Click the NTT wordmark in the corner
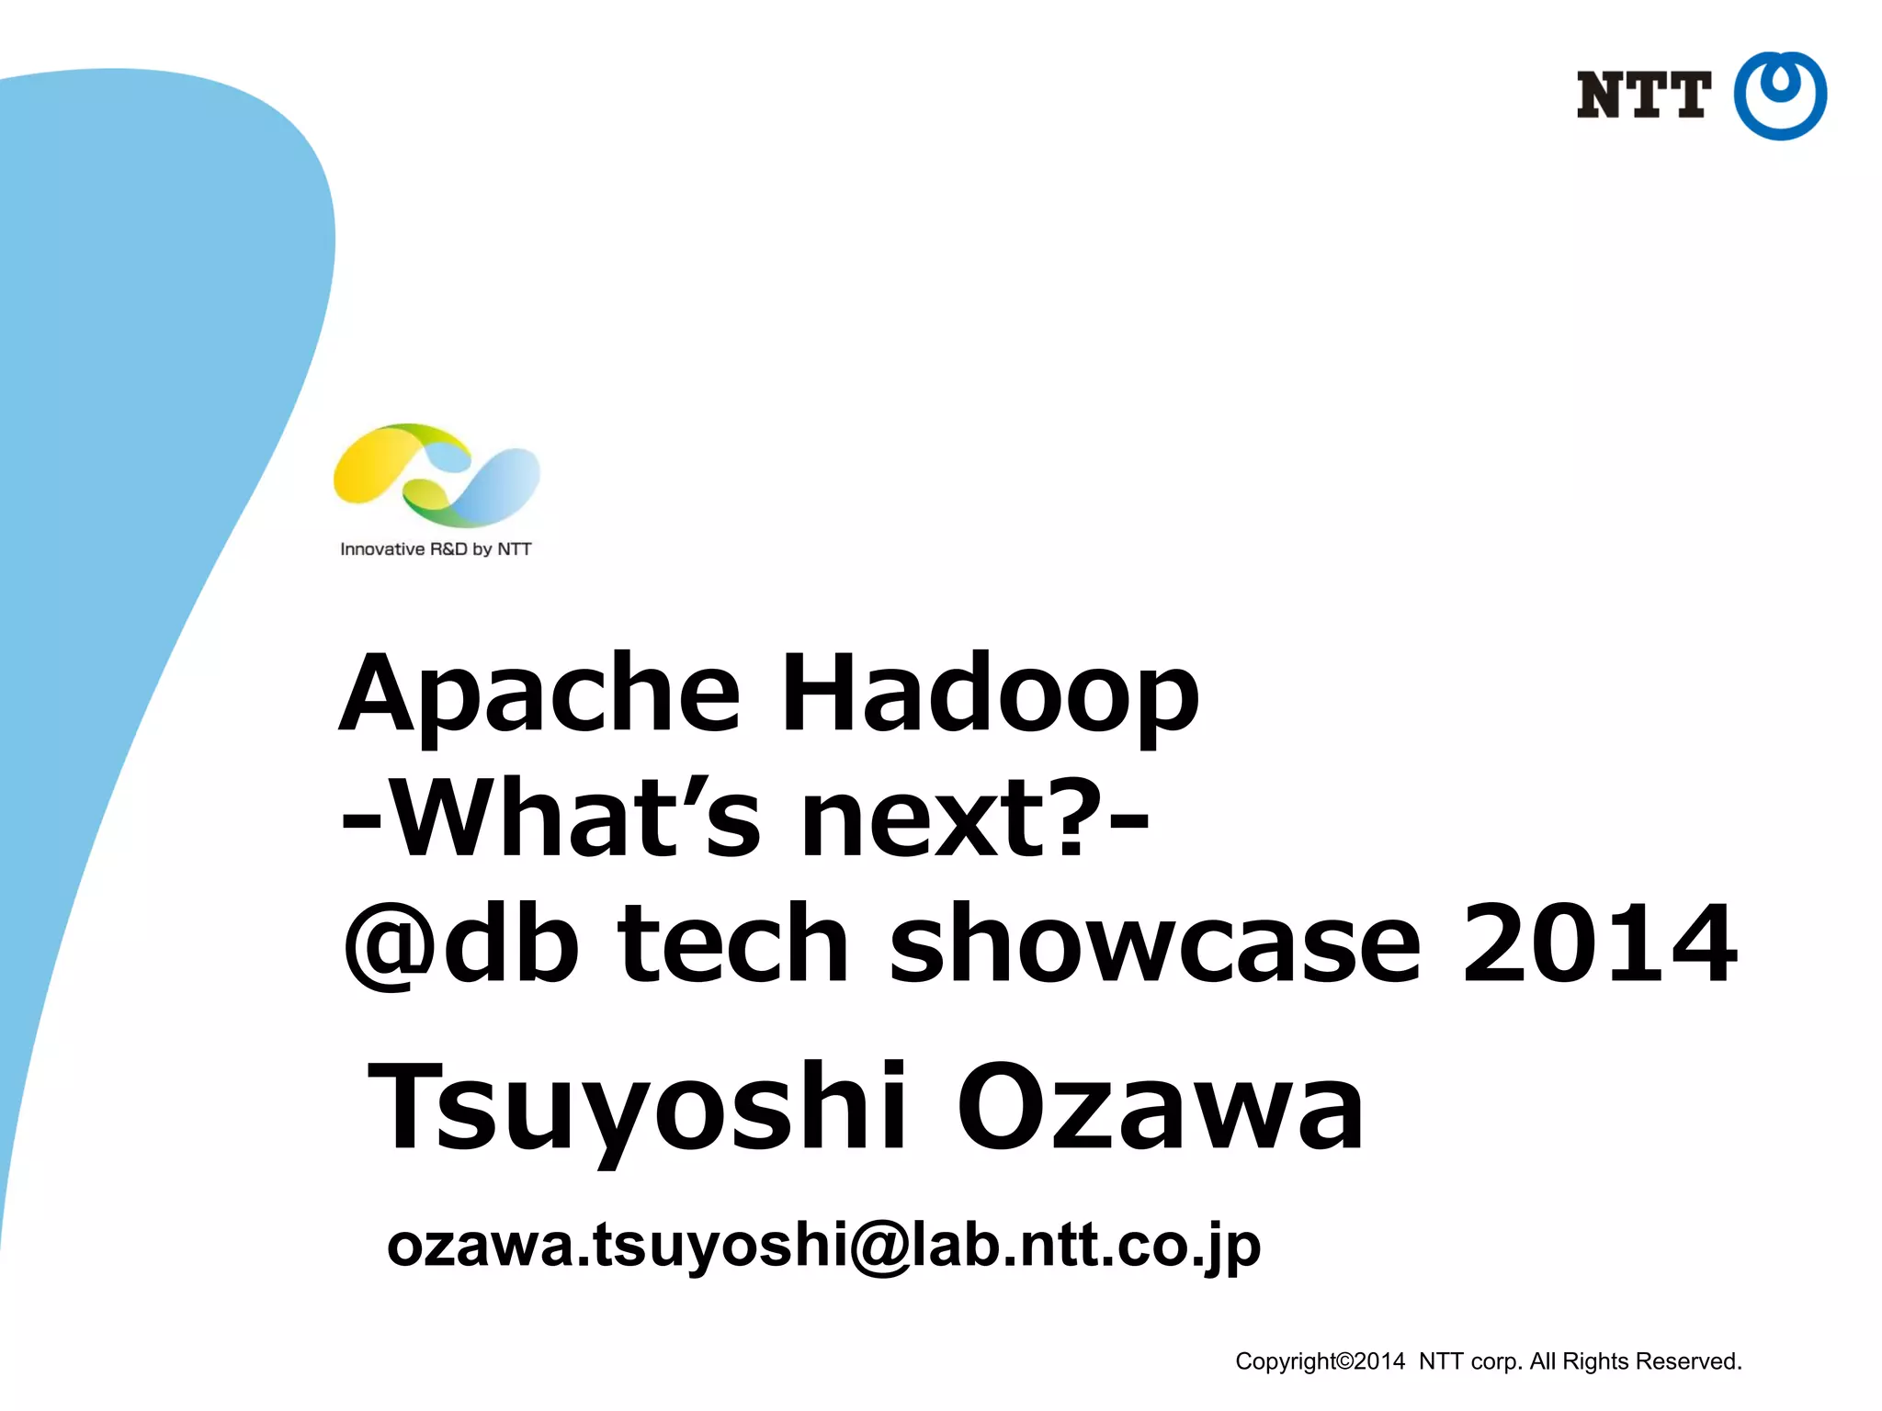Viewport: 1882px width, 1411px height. [1643, 96]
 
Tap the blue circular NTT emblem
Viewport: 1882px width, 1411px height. [1780, 96]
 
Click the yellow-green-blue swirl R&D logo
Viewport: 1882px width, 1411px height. [436, 475]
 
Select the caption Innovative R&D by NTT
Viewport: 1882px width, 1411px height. [436, 549]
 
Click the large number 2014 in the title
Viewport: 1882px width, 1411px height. [1599, 943]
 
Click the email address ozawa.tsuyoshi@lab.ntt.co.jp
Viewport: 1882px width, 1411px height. [823, 1247]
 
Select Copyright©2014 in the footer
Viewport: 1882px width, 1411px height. [1320, 1361]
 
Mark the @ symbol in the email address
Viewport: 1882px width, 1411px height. [879, 1247]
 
